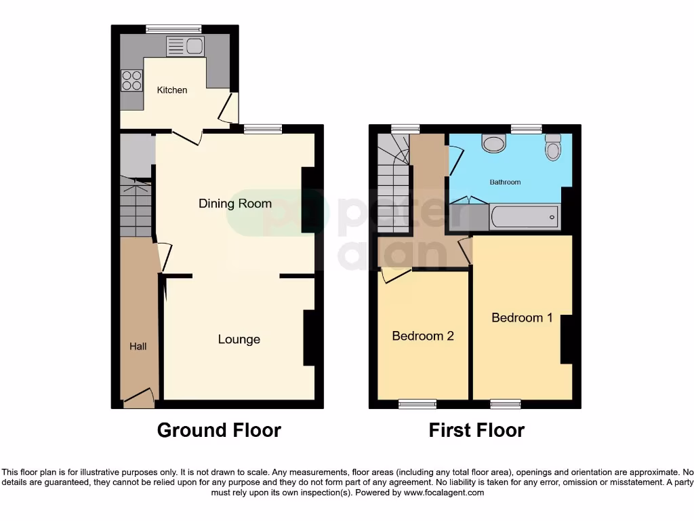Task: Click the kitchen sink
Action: point(185,46)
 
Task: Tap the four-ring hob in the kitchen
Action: point(131,81)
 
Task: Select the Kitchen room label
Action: point(172,90)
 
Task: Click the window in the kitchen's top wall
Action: point(173,28)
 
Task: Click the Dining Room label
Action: point(235,204)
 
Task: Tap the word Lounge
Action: point(239,339)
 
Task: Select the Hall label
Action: point(138,347)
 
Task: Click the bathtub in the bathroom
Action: point(525,217)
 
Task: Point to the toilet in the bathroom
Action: point(553,147)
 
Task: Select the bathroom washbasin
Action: point(494,142)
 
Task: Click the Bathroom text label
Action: point(506,182)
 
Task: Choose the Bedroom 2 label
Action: point(423,336)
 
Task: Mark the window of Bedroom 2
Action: point(417,404)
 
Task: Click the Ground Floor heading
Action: point(219,430)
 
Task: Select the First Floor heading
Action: point(476,430)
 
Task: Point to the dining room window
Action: point(262,129)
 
